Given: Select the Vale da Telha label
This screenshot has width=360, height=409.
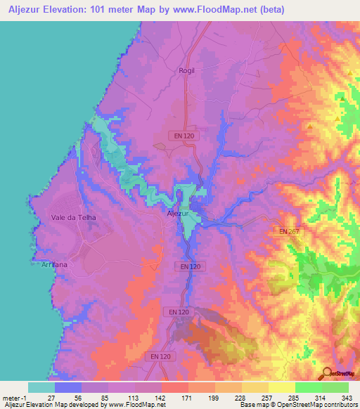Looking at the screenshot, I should (x=73, y=217).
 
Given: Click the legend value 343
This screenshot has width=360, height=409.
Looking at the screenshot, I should (x=348, y=397).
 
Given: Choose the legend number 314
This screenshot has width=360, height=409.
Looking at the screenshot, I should (x=321, y=397).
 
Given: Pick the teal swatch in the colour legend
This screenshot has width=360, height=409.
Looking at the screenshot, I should (x=41, y=387).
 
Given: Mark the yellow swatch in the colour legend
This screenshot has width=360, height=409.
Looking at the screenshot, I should (x=281, y=387).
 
